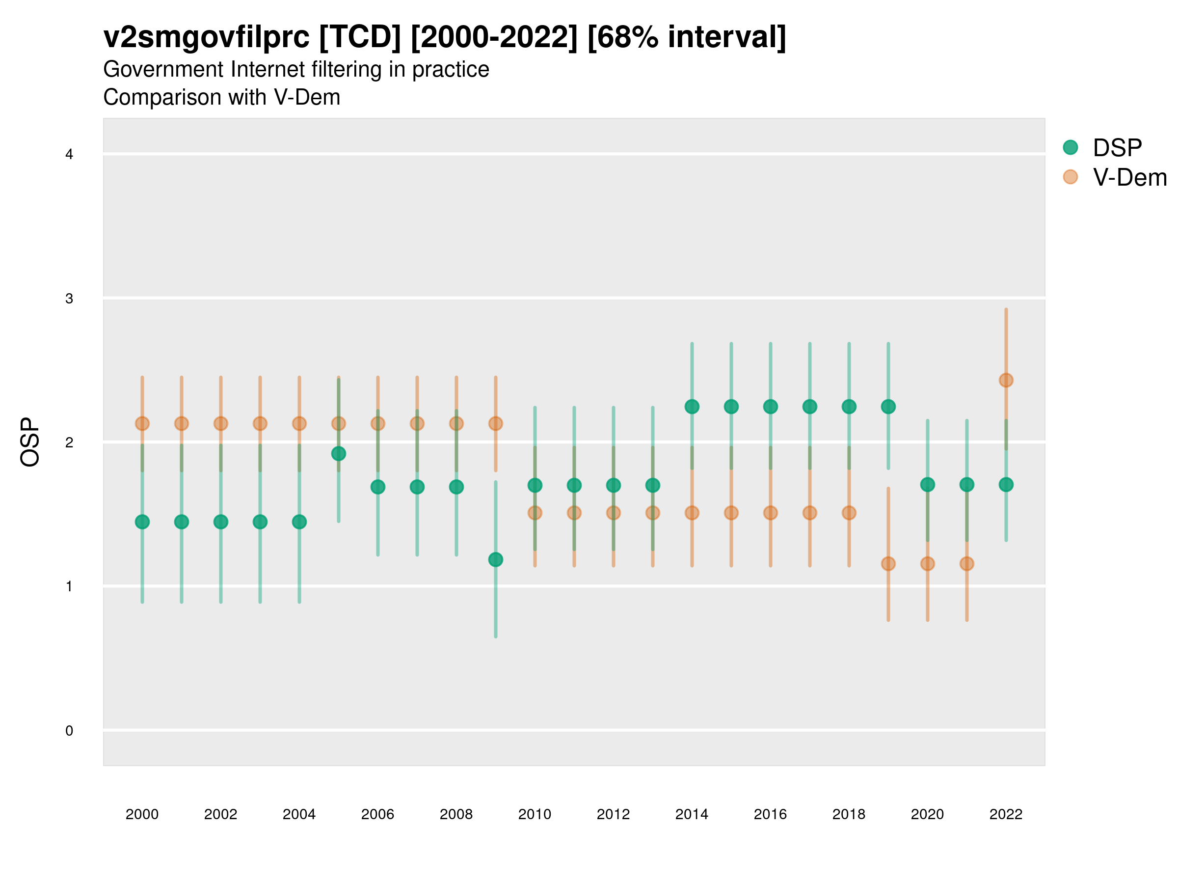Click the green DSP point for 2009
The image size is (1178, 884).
495,559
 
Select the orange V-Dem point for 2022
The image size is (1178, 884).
1006,380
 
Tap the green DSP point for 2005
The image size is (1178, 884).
339,453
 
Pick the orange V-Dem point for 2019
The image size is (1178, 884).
888,563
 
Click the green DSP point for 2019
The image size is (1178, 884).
888,407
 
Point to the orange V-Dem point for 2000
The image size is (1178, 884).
142,424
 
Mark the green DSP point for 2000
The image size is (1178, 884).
142,522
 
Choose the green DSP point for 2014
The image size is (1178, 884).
692,407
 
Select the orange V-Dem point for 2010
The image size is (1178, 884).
535,513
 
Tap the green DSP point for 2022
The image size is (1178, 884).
1006,484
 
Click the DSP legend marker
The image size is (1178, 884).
1070,147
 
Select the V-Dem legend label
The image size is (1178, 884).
1129,177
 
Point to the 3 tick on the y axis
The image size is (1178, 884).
69,299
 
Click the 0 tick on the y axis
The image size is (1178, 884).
69,731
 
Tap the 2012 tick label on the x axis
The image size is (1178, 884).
613,814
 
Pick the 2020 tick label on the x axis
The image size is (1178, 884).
927,814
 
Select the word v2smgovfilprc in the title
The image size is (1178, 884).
206,37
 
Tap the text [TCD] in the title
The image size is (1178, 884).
360,37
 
